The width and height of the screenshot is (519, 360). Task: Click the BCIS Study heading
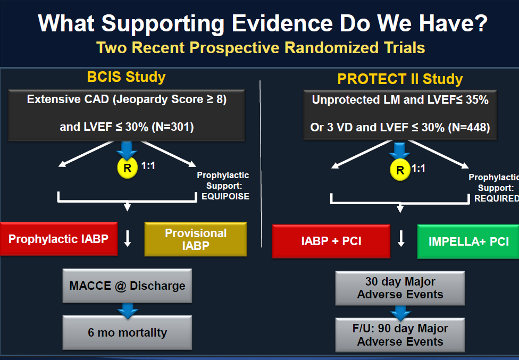[x=126, y=77]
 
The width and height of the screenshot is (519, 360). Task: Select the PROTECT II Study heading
[x=400, y=79]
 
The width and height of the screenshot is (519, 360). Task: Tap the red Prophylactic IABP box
[x=58, y=239]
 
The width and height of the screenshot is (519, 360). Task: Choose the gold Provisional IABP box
[x=196, y=239]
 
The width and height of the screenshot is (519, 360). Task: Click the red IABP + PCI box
[x=331, y=241]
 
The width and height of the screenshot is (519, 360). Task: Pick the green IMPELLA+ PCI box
[x=468, y=241]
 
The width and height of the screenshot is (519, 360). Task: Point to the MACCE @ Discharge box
[x=127, y=286]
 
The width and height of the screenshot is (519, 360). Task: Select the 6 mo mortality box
[x=127, y=332]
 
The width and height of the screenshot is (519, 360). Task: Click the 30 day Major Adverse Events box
[x=400, y=288]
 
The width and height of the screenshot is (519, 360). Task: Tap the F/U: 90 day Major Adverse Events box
[x=400, y=335]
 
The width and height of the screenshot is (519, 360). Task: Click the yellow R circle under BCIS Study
[x=128, y=168]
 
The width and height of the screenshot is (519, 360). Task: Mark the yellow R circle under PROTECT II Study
[x=400, y=170]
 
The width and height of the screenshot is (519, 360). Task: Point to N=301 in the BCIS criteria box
[x=173, y=127]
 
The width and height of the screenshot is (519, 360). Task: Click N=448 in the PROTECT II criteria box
[x=469, y=128]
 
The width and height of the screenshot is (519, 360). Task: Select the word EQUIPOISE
[x=225, y=197]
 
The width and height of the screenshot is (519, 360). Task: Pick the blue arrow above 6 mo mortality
[x=128, y=311]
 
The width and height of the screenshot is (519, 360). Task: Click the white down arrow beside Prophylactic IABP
[x=128, y=239]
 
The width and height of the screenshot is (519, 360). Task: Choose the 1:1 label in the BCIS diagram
[x=148, y=166]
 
